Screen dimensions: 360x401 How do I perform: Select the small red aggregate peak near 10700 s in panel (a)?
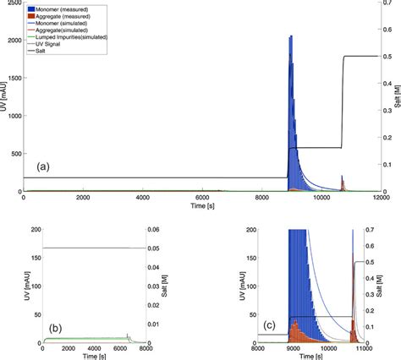click(342, 183)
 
